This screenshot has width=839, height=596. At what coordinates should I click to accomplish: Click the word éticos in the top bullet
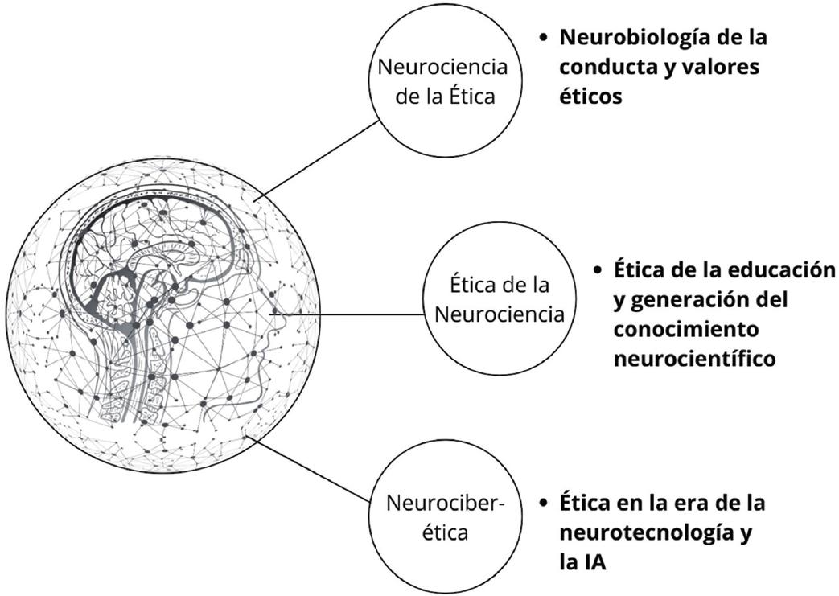(x=590, y=96)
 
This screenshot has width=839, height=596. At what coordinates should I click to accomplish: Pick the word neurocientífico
(x=694, y=358)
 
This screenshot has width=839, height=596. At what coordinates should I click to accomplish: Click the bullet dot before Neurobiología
(x=544, y=38)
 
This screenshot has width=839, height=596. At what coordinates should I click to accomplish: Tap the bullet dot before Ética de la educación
(x=598, y=270)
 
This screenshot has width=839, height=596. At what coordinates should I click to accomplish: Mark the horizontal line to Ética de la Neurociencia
(x=370, y=314)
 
